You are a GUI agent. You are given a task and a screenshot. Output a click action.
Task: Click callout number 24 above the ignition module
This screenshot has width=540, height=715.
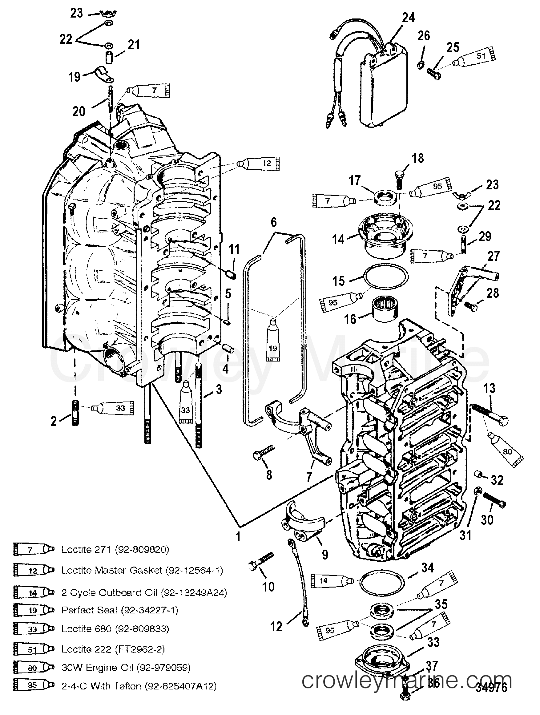408,18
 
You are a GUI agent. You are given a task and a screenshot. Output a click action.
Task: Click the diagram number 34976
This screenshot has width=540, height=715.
491,696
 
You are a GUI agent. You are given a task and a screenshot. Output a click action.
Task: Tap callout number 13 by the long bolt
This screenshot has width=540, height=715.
489,388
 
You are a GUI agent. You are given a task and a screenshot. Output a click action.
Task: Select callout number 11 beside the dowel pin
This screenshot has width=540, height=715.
234,249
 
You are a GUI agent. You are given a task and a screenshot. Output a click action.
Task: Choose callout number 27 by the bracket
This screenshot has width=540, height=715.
494,256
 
